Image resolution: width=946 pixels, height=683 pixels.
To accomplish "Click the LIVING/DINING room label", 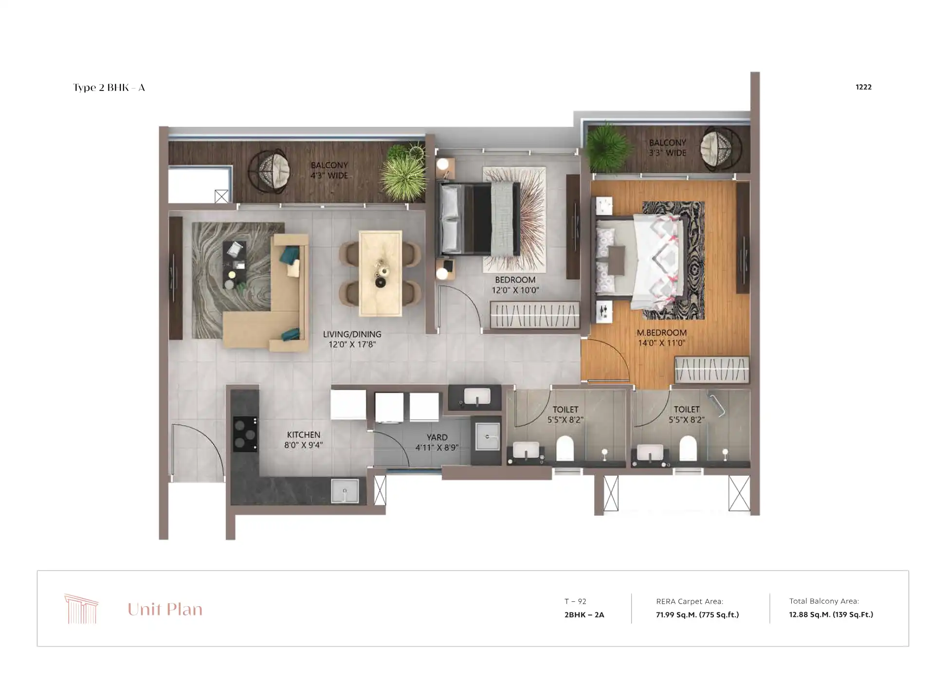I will pos(352,335).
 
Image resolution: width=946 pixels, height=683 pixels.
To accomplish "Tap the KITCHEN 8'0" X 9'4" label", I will pos(303,440).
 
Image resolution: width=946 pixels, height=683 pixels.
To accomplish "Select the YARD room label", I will pos(437,437).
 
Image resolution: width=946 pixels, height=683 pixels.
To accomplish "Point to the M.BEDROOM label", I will pos(661,333).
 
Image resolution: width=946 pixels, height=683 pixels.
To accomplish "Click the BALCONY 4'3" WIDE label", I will pos(329,170).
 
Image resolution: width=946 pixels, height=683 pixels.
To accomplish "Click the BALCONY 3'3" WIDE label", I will pos(667,148).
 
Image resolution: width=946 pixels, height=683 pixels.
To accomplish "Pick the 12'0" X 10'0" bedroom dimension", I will pos(515,290).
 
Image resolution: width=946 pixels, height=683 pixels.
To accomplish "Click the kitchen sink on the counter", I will pos(345,490).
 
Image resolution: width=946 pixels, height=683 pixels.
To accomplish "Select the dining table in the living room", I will pos(381,273).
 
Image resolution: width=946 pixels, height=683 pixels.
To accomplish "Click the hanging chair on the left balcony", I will pos(269,171).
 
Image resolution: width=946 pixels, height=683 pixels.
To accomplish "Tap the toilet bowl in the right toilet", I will pos(688,448).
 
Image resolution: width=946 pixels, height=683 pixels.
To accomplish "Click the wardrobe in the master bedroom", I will pos(711,370).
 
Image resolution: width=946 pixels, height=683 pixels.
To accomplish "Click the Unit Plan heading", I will pos(165,609).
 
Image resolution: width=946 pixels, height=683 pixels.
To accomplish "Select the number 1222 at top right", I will pos(863,87).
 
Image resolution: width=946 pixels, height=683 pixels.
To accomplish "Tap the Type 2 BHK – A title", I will pos(109,88).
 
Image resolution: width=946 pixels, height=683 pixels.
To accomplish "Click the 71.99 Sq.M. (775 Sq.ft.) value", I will pos(697,614).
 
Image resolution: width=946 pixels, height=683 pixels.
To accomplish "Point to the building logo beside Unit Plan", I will pos(81,609).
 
